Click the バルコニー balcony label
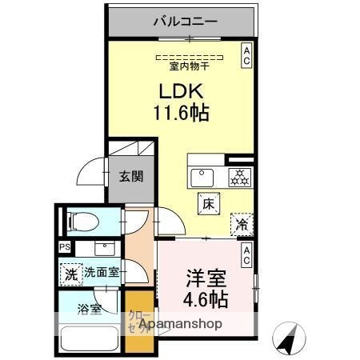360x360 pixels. (185, 22)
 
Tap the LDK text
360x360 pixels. (181, 91)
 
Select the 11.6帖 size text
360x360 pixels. (181, 113)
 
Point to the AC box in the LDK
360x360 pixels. (246, 54)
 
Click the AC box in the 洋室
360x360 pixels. (246, 255)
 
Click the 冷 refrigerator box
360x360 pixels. (242, 225)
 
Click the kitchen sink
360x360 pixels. (200, 176)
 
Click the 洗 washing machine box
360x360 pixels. (71, 272)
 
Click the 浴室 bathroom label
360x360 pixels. (89, 309)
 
